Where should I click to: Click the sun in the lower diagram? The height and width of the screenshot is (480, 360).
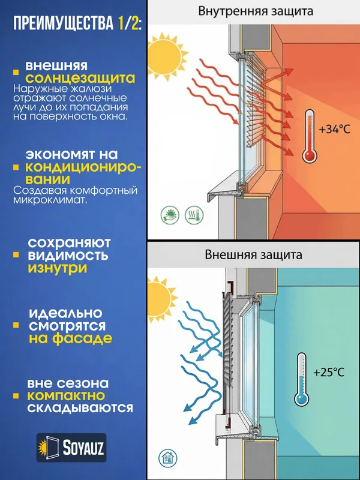159,299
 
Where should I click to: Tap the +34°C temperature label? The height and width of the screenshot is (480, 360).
334,130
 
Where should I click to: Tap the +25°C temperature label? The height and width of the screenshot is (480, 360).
329,372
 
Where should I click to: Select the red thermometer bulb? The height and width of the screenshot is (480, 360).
310,156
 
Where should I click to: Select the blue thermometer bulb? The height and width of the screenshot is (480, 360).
302,399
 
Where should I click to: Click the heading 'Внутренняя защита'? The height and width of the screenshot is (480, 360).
256,11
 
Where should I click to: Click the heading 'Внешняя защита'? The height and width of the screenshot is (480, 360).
253,254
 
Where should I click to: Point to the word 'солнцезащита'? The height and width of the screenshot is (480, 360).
80,79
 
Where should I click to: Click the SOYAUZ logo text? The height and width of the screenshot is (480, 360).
83,448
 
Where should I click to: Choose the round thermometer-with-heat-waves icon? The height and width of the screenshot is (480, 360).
194,215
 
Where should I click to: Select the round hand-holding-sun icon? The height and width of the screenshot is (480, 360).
170,215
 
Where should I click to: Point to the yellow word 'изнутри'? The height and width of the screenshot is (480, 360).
58,268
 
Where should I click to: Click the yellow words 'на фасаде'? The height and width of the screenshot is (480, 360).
70,338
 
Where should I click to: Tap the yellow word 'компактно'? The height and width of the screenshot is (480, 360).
66,396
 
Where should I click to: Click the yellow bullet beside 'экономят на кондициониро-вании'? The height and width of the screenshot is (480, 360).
16,167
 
